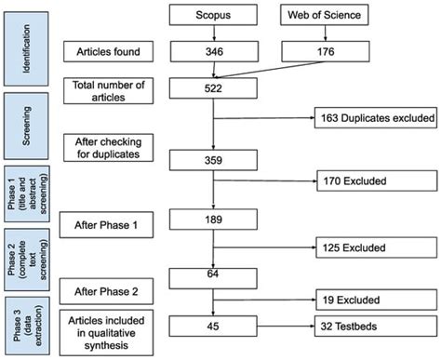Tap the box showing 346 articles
(x=214, y=53)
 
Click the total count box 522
(x=214, y=89)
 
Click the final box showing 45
(x=214, y=325)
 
